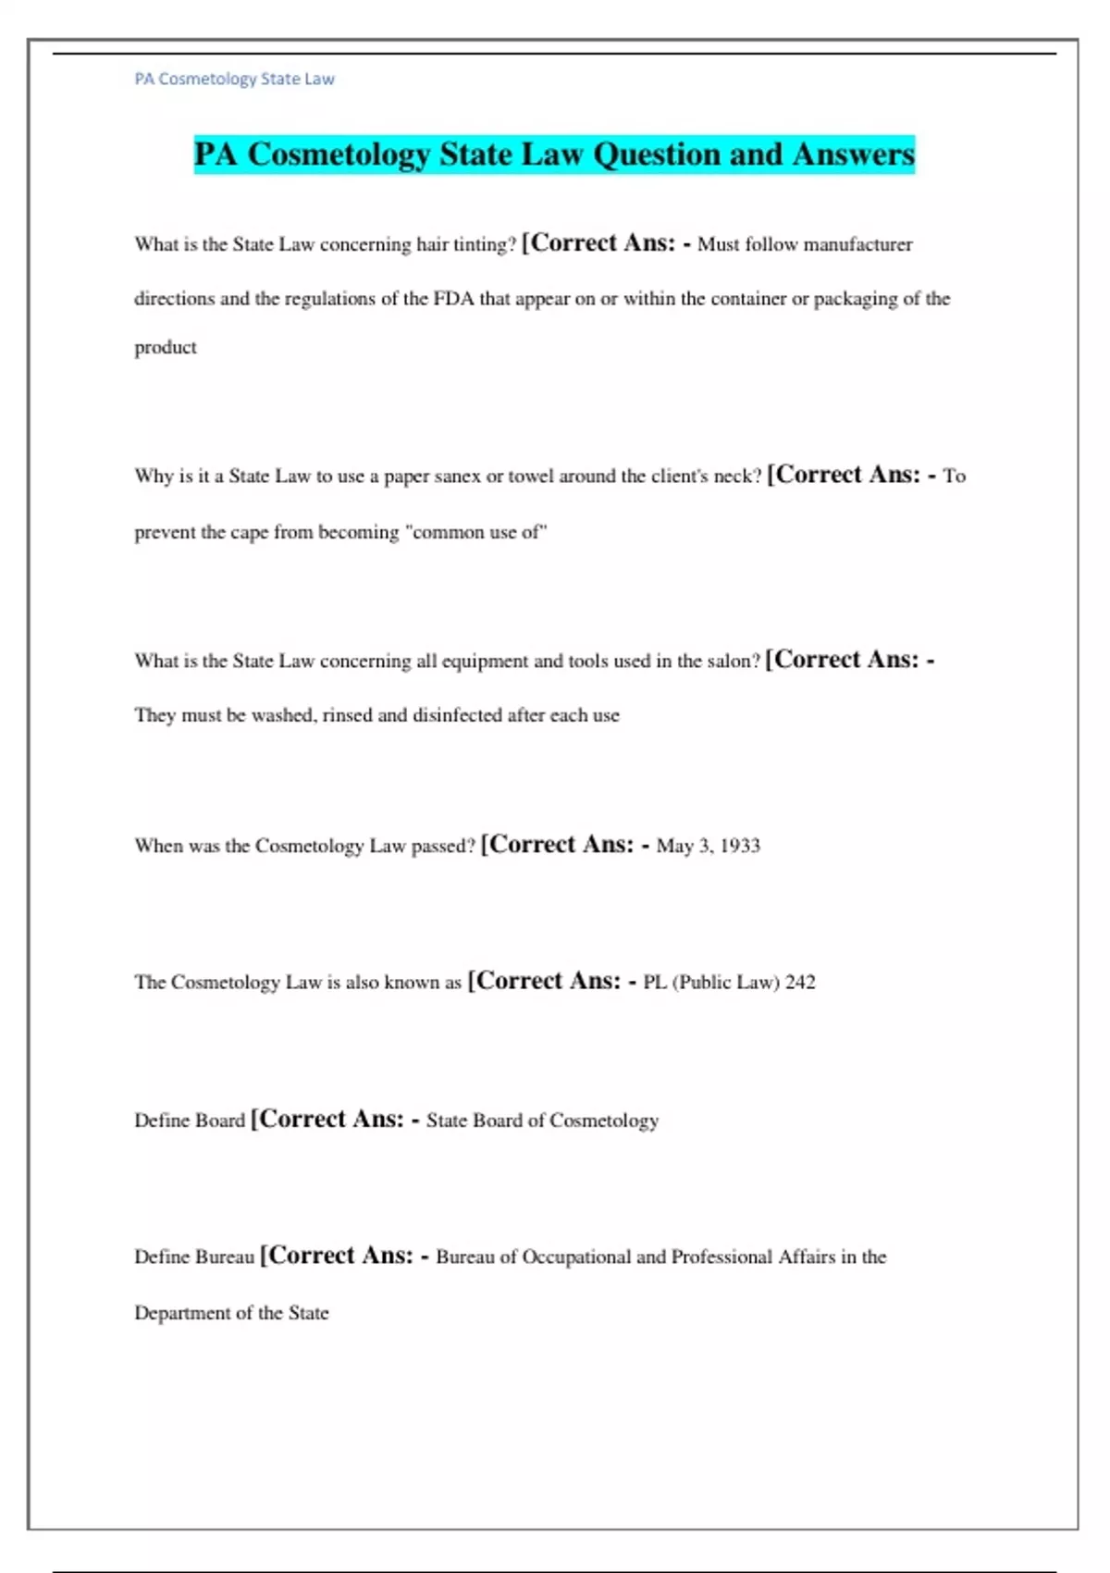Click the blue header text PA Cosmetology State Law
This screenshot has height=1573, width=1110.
pos(234,80)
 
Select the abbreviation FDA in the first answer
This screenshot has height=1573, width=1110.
pos(453,299)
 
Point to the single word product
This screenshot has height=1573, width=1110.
pos(166,348)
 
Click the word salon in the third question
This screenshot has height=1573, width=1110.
pos(731,662)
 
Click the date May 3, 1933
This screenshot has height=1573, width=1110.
pos(708,846)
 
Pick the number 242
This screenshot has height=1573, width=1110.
pos(800,983)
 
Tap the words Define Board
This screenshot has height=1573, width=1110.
pos(190,1121)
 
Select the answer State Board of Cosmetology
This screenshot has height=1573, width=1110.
pos(542,1121)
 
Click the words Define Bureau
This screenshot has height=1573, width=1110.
pos(194,1257)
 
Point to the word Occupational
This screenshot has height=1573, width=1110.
pos(576,1257)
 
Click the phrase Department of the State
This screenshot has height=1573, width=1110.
pos(231,1313)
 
